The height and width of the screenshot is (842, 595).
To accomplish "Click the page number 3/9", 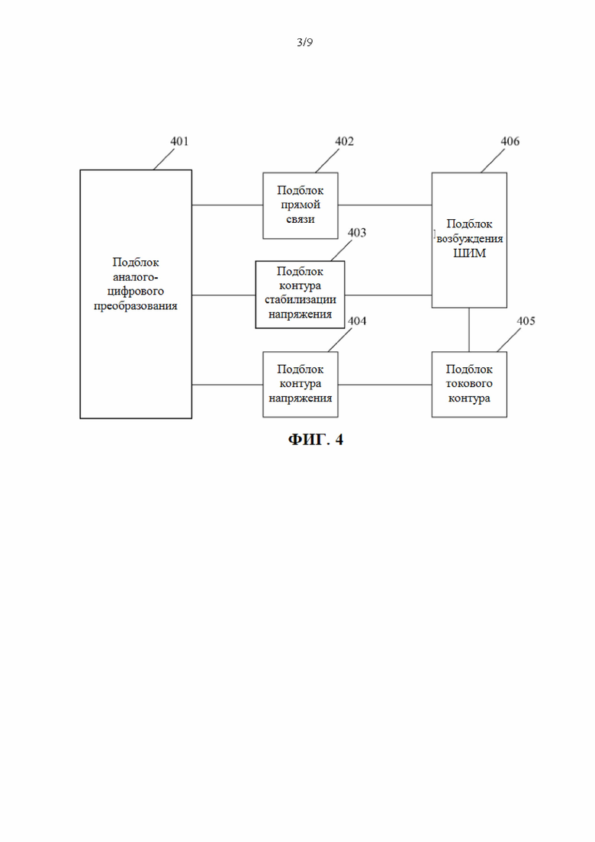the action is (x=304, y=43).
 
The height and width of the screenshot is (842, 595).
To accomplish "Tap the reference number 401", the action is (x=179, y=141).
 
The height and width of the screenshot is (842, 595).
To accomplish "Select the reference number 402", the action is (x=345, y=141).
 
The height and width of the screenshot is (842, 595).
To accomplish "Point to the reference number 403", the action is (x=357, y=233).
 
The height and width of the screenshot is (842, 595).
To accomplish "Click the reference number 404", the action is (x=357, y=321).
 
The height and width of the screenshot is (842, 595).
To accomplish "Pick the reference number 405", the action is (x=526, y=321).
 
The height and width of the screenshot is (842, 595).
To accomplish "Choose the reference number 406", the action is (x=510, y=141).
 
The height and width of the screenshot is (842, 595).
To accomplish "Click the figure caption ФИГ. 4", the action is (x=316, y=440).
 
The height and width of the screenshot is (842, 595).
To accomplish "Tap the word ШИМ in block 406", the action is (x=469, y=253).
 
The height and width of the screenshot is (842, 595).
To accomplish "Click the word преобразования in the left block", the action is (x=136, y=306).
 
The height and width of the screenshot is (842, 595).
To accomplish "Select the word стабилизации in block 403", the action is (x=301, y=300).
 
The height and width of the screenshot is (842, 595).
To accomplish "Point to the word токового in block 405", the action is (x=469, y=383).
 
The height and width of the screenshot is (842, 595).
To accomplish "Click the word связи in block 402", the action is (x=301, y=219).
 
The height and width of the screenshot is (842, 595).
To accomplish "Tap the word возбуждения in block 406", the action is (x=469, y=238).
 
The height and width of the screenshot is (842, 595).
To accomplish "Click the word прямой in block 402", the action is (x=301, y=205).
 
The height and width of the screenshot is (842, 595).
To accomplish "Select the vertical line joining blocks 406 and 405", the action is (x=469, y=330).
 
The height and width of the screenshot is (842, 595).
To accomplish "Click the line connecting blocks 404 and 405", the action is (x=384, y=385).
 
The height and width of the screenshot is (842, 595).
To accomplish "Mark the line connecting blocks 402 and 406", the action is (x=384, y=205).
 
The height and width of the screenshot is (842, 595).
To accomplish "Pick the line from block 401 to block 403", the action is (x=224, y=295).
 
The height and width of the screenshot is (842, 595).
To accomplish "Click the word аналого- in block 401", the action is (x=136, y=277).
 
